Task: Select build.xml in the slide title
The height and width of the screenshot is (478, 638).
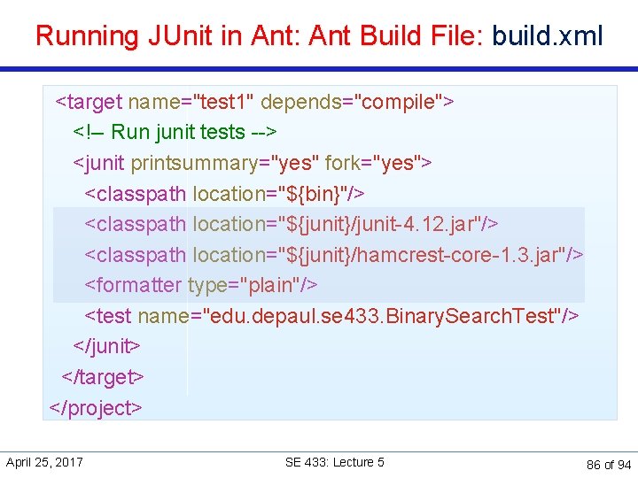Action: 548,36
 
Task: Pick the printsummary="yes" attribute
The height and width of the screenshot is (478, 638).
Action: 225,163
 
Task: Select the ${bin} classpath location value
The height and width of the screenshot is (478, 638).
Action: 316,193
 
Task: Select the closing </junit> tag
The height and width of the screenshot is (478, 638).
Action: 106,346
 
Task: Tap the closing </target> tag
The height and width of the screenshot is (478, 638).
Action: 103,377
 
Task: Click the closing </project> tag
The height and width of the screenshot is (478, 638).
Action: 96,407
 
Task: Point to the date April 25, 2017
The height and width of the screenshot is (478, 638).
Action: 44,462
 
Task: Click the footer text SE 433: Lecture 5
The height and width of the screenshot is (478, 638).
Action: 334,462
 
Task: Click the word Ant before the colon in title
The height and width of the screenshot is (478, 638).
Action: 269,36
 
